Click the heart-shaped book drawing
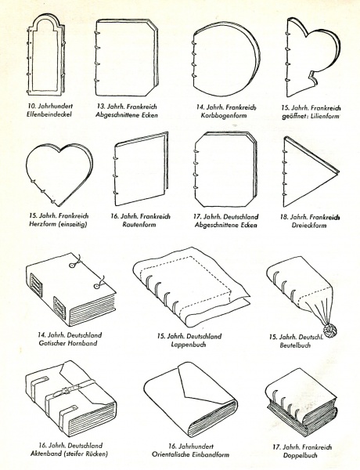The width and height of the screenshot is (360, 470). [59, 175]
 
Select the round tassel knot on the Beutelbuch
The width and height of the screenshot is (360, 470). [329, 331]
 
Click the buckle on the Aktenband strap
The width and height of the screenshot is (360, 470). [66, 389]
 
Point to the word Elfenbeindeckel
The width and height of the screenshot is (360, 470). [49, 114]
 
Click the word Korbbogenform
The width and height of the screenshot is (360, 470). [223, 115]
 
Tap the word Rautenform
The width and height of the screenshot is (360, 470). [139, 224]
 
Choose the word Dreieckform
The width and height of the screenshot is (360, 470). [309, 225]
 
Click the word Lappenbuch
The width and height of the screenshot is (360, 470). [189, 344]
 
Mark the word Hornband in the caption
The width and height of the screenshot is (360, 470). [82, 343]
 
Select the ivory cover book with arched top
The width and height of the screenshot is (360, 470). [46, 55]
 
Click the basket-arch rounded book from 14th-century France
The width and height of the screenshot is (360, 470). [225, 59]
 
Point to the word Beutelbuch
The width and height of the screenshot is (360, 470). [295, 345]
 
